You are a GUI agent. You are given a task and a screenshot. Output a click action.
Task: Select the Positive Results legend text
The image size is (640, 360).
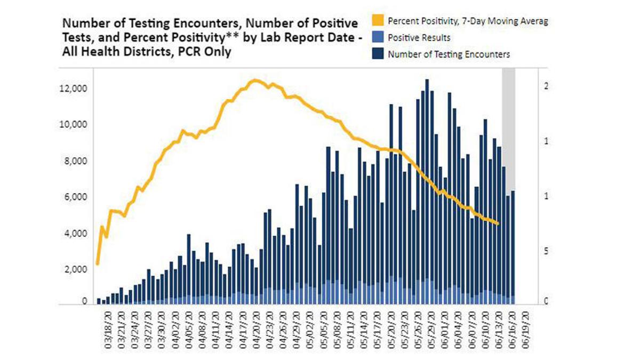(x=419, y=38)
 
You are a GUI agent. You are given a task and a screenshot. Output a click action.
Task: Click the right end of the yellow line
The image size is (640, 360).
(x=498, y=223)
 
